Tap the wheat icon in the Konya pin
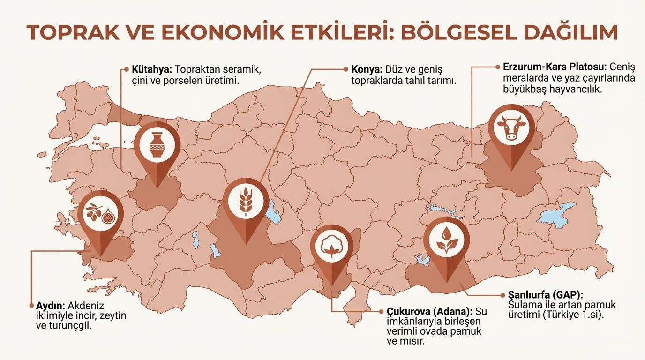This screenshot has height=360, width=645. pos(246,201)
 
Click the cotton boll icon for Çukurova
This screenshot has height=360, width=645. pos(332,244)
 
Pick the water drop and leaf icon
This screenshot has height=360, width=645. pos(446,239)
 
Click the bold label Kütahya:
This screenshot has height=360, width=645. pos(150,69)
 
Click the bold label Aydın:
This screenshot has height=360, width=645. pos(49,305)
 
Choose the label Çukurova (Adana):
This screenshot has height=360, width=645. pos(430,311)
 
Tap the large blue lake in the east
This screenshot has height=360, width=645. pos(558,214)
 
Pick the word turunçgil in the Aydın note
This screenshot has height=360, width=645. pos(72,326)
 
